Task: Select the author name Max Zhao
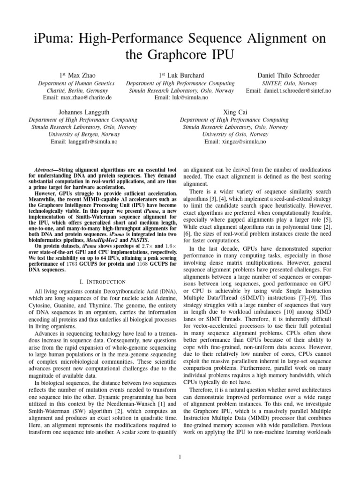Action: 76,75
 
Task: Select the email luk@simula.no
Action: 189,97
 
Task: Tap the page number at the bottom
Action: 180,457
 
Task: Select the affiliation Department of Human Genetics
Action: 76,83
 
